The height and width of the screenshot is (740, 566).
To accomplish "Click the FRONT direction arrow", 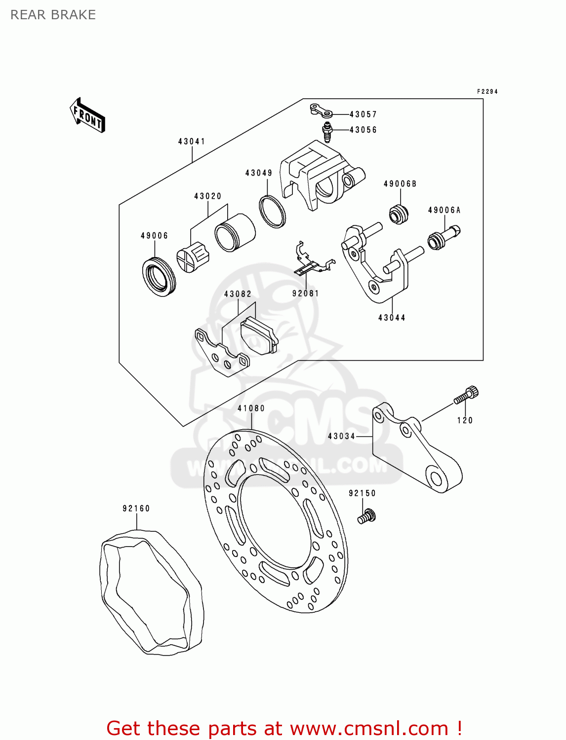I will pos(88,115).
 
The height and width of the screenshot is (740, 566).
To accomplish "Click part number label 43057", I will pos(363,114).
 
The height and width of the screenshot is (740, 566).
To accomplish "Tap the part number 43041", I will pos(192,142).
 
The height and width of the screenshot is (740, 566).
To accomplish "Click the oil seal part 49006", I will pos(159,277).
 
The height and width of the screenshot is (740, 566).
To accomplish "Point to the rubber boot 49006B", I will pos(399,214).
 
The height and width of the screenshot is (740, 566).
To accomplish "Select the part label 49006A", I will pos(444,210).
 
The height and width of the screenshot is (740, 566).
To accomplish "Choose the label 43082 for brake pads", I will pos(238,294).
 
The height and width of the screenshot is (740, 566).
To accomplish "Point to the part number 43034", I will pos(341,437).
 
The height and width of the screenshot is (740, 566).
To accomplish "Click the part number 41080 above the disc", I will pos(251,408).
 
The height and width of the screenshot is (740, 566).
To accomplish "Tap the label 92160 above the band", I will pos(136,509).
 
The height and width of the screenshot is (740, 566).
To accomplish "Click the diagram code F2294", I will pos(487,92).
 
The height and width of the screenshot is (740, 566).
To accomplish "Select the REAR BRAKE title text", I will pos(53,15).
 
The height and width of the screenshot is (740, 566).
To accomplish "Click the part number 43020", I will pos(207,196).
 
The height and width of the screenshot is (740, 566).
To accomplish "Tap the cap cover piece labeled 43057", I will pos(320,110).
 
